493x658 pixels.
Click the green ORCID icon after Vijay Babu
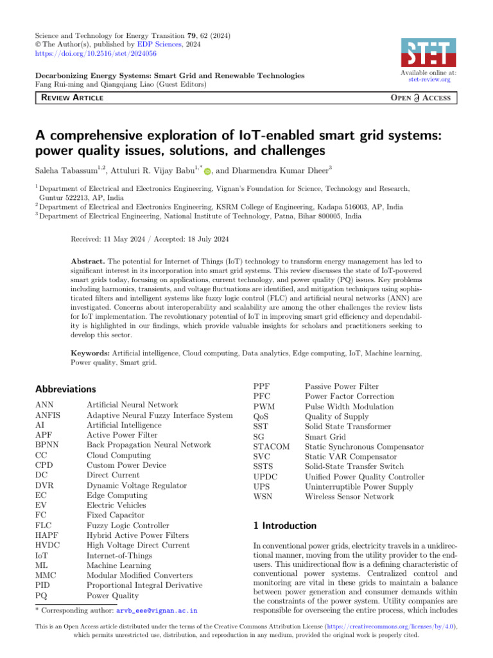pos(207,170)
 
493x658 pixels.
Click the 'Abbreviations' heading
pos(67,389)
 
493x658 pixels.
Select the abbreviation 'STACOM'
pos(272,446)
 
